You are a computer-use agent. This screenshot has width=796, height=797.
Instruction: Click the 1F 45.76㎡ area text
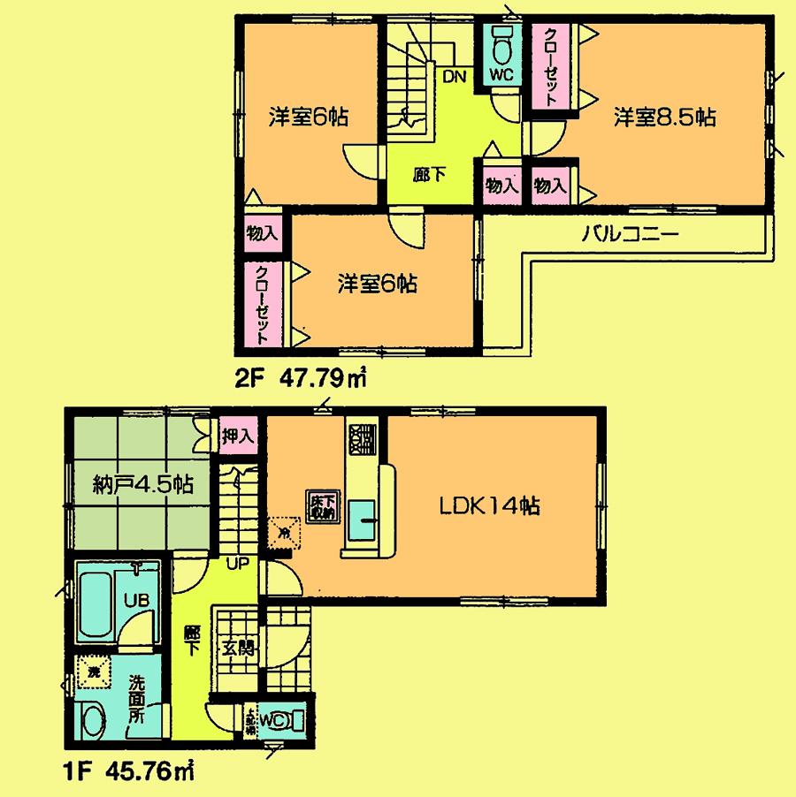129,770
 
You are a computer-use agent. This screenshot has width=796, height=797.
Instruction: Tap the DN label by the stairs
454,77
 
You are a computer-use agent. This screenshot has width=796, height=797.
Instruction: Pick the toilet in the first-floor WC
293,719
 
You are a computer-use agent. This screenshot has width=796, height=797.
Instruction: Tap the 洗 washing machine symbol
93,672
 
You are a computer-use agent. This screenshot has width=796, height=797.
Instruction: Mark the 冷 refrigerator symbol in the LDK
283,532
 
